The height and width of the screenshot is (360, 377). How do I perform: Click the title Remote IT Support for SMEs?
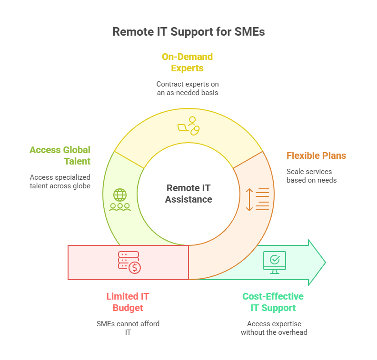188,32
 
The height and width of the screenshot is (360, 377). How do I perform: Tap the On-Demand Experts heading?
187,62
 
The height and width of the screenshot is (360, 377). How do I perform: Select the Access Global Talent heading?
60,156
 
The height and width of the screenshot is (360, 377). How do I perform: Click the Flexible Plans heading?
316,156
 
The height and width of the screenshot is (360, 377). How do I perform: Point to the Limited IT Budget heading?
128,302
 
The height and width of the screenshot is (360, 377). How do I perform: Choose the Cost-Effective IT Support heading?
273,302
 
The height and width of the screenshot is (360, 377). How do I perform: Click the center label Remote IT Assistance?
188,193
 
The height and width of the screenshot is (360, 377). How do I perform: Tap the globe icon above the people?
120,195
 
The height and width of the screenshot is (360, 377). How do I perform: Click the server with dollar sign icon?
129,262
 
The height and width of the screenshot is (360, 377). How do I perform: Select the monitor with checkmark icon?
274,262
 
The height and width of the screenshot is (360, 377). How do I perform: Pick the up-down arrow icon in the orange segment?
250,200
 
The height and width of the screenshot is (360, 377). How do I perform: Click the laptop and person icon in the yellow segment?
188,126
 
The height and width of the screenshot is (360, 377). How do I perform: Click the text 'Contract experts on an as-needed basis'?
187,88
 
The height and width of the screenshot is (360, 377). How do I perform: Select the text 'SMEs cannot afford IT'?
128,328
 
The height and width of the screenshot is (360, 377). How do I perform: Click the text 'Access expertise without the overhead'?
274,328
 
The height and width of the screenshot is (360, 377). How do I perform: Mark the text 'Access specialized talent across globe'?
60,181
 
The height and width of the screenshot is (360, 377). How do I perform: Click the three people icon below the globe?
120,207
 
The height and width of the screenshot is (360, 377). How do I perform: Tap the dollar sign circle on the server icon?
135,268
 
